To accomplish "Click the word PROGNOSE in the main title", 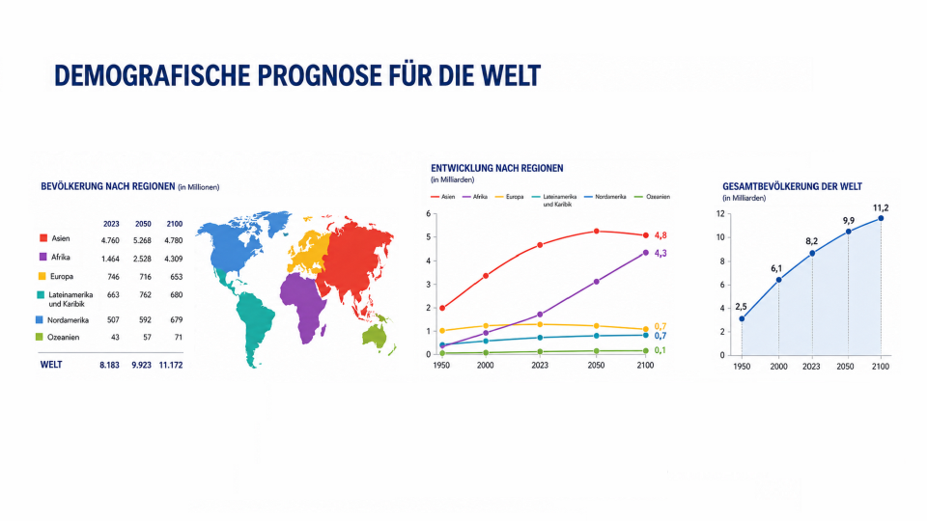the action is (x=319, y=75).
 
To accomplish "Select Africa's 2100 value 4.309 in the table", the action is (x=173, y=259).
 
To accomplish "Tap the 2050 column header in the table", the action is (x=143, y=224).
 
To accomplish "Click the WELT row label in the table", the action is (x=51, y=365).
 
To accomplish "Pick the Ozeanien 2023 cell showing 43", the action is (x=115, y=338).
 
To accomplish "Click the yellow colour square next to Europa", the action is (x=42, y=276).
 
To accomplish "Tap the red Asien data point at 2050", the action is (x=596, y=232).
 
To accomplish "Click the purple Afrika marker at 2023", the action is (x=539, y=315).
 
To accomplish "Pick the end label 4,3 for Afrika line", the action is (x=660, y=254).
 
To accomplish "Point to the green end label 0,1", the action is (x=660, y=350).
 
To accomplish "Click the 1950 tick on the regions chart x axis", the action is (x=441, y=365).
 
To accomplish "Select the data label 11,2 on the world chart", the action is (x=881, y=208).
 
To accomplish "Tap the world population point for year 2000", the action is (x=778, y=280).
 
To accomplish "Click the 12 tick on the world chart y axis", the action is (x=720, y=214).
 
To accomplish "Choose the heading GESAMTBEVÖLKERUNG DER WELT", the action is (x=792, y=186).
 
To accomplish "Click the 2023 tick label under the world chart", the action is (x=811, y=367).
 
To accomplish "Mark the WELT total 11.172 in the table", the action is (x=171, y=365).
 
